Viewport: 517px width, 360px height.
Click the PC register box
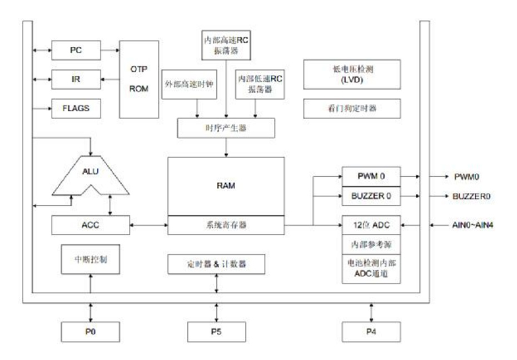tap(76, 50)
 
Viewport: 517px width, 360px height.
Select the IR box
tap(76, 79)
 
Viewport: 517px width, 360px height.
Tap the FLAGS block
tap(76, 108)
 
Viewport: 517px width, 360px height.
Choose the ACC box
tap(91, 225)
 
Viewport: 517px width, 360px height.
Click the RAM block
tap(226, 186)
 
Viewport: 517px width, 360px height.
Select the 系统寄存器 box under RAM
tap(226, 225)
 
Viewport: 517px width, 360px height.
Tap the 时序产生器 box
tap(226, 128)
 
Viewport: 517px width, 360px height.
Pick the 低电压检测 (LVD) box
tap(351, 73)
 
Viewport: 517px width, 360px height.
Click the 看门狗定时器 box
tap(351, 109)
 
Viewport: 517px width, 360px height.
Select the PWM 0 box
tap(370, 176)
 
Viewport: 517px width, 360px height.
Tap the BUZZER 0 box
tap(370, 196)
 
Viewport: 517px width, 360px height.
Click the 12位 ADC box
tap(370, 225)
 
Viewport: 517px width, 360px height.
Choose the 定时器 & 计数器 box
tap(215, 264)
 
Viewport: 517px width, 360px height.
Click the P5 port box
tap(215, 332)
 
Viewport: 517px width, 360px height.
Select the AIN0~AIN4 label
tap(471, 225)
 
